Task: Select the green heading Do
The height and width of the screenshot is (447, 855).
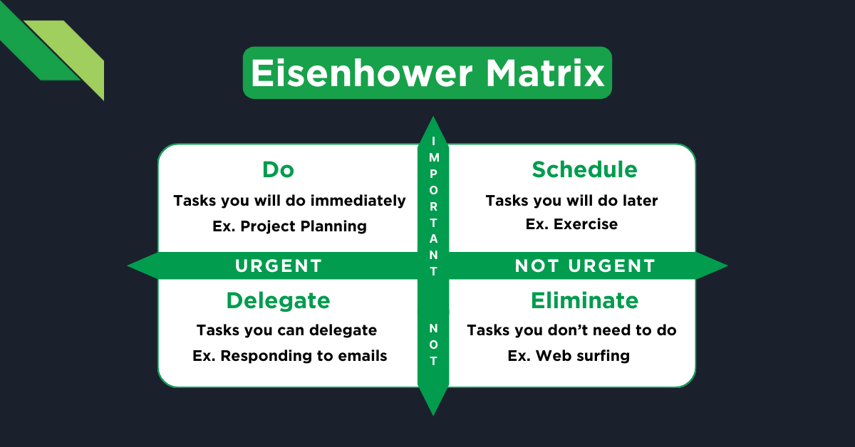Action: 278,169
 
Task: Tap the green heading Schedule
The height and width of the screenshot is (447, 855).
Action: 584,169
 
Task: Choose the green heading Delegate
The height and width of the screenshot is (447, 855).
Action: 278,300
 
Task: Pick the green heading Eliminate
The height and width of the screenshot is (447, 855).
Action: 584,300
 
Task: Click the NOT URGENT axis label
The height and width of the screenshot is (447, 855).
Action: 584,266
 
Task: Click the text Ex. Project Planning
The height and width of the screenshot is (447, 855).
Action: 289,226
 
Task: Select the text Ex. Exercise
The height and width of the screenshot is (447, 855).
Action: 571,224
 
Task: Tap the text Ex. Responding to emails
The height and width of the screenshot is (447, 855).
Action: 289,356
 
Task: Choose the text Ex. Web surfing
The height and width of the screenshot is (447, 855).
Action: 569,356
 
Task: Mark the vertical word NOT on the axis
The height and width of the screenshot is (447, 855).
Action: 433,345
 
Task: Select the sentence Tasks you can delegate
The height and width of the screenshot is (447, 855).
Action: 286,330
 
